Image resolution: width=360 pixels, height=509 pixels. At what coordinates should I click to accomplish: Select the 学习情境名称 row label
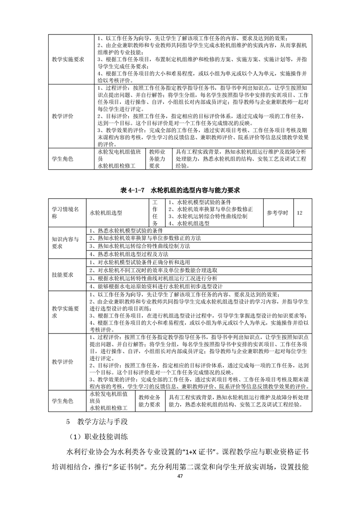coord(66,212)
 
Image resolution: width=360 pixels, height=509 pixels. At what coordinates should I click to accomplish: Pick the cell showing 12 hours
coord(300,212)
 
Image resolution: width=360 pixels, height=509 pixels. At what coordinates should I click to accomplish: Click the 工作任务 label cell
coord(155,212)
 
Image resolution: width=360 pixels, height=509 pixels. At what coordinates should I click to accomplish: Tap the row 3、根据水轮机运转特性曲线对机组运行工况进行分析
coord(154,278)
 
